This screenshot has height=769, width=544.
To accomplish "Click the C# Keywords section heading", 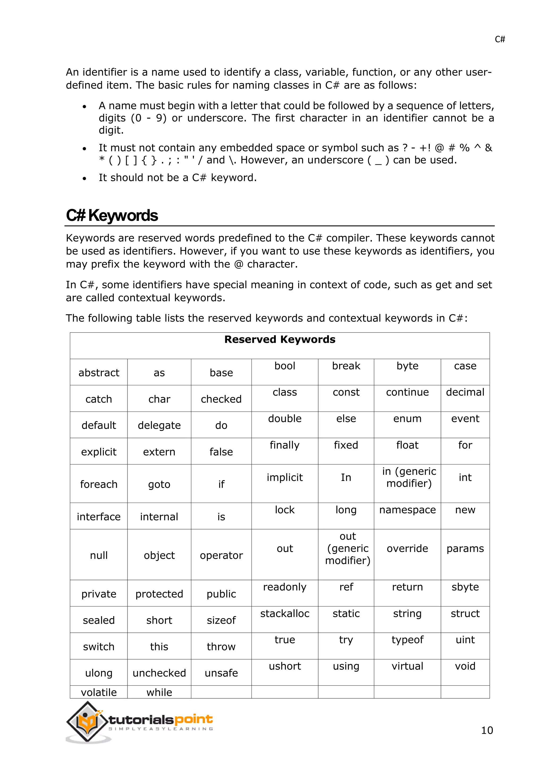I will pyautogui.click(x=112, y=215).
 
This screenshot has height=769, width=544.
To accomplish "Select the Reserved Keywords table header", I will pyautogui.click(x=280, y=339).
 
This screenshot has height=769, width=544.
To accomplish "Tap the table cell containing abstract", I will pyautogui.click(x=99, y=373).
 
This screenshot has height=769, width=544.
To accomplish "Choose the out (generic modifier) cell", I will pyautogui.click(x=348, y=549).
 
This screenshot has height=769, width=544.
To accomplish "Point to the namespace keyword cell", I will pyautogui.click(x=407, y=510).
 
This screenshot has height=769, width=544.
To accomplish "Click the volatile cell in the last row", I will pyautogui.click(x=99, y=692).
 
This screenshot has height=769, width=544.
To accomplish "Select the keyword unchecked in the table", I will pyautogui.click(x=159, y=673).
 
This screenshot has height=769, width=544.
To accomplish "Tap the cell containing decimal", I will pyautogui.click(x=465, y=392).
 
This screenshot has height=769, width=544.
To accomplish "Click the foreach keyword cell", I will pyautogui.click(x=99, y=484).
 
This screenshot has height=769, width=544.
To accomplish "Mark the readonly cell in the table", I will pyautogui.click(x=285, y=587).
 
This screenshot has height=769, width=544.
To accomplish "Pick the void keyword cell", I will pyautogui.click(x=465, y=666).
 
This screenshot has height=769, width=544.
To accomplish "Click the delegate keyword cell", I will pyautogui.click(x=159, y=425).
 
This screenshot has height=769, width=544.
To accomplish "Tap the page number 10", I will pyautogui.click(x=487, y=730).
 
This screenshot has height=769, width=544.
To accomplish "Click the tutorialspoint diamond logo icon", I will pyautogui.click(x=87, y=721).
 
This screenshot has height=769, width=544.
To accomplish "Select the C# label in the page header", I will pyautogui.click(x=499, y=40).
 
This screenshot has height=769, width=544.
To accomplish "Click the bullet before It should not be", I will pyautogui.click(x=84, y=178).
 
